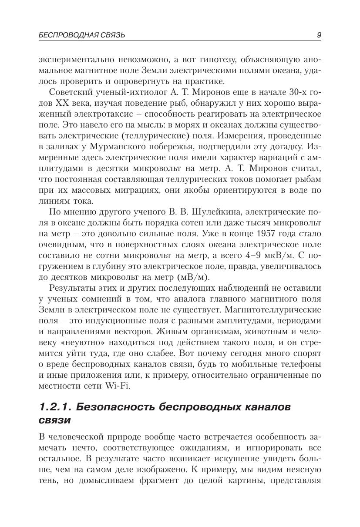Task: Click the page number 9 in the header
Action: [319, 35]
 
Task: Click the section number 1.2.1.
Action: [55, 407]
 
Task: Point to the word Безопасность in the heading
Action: [116, 407]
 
